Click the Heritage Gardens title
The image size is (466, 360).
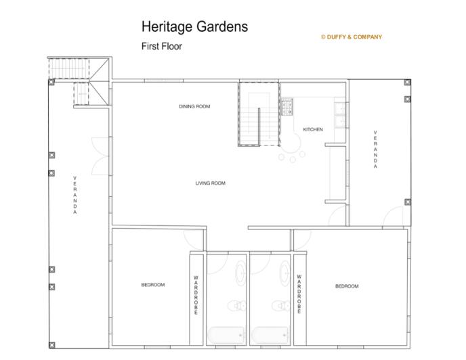click(194, 27)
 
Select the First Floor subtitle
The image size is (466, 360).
click(162, 47)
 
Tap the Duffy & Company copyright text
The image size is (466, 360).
click(352, 37)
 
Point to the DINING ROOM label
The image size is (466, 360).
click(194, 106)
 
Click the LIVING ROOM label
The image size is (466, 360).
click(210, 183)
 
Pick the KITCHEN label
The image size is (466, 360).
click(313, 129)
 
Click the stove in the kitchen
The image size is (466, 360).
click(287, 106)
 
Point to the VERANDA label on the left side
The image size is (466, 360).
click(75, 196)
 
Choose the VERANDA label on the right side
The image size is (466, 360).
click(375, 150)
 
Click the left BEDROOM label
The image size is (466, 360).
click(153, 285)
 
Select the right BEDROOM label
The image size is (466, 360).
click(347, 286)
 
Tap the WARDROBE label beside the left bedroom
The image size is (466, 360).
click(196, 295)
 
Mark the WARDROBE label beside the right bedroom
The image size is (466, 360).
click(299, 295)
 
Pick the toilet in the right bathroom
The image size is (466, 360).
click(277, 305)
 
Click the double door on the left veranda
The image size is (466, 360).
click(98, 155)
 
